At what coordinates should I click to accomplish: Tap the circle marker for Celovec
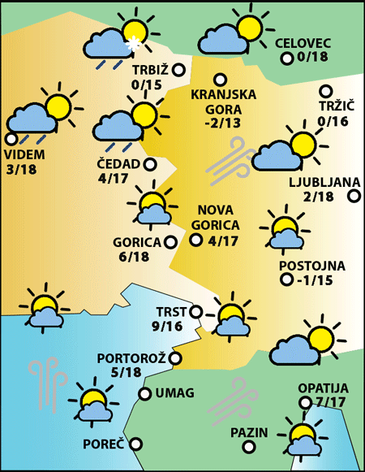coord(286,58)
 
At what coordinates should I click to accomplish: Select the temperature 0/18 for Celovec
coord(312,58)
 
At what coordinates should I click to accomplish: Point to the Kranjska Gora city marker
coord(219,79)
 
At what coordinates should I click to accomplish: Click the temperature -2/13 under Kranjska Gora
coord(222,123)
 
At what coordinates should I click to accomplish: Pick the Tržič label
coord(333,106)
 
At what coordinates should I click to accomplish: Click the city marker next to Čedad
coord(150,164)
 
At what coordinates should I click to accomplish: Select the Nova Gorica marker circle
coord(195,240)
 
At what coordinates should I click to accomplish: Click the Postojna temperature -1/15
coord(311,280)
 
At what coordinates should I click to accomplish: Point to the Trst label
coord(171,311)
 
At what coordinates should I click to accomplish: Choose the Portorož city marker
coord(175,357)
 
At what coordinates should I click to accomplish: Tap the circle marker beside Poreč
coord(135,444)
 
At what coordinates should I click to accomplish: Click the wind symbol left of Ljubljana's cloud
coord(230,159)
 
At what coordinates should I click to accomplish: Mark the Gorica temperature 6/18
coord(133,257)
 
